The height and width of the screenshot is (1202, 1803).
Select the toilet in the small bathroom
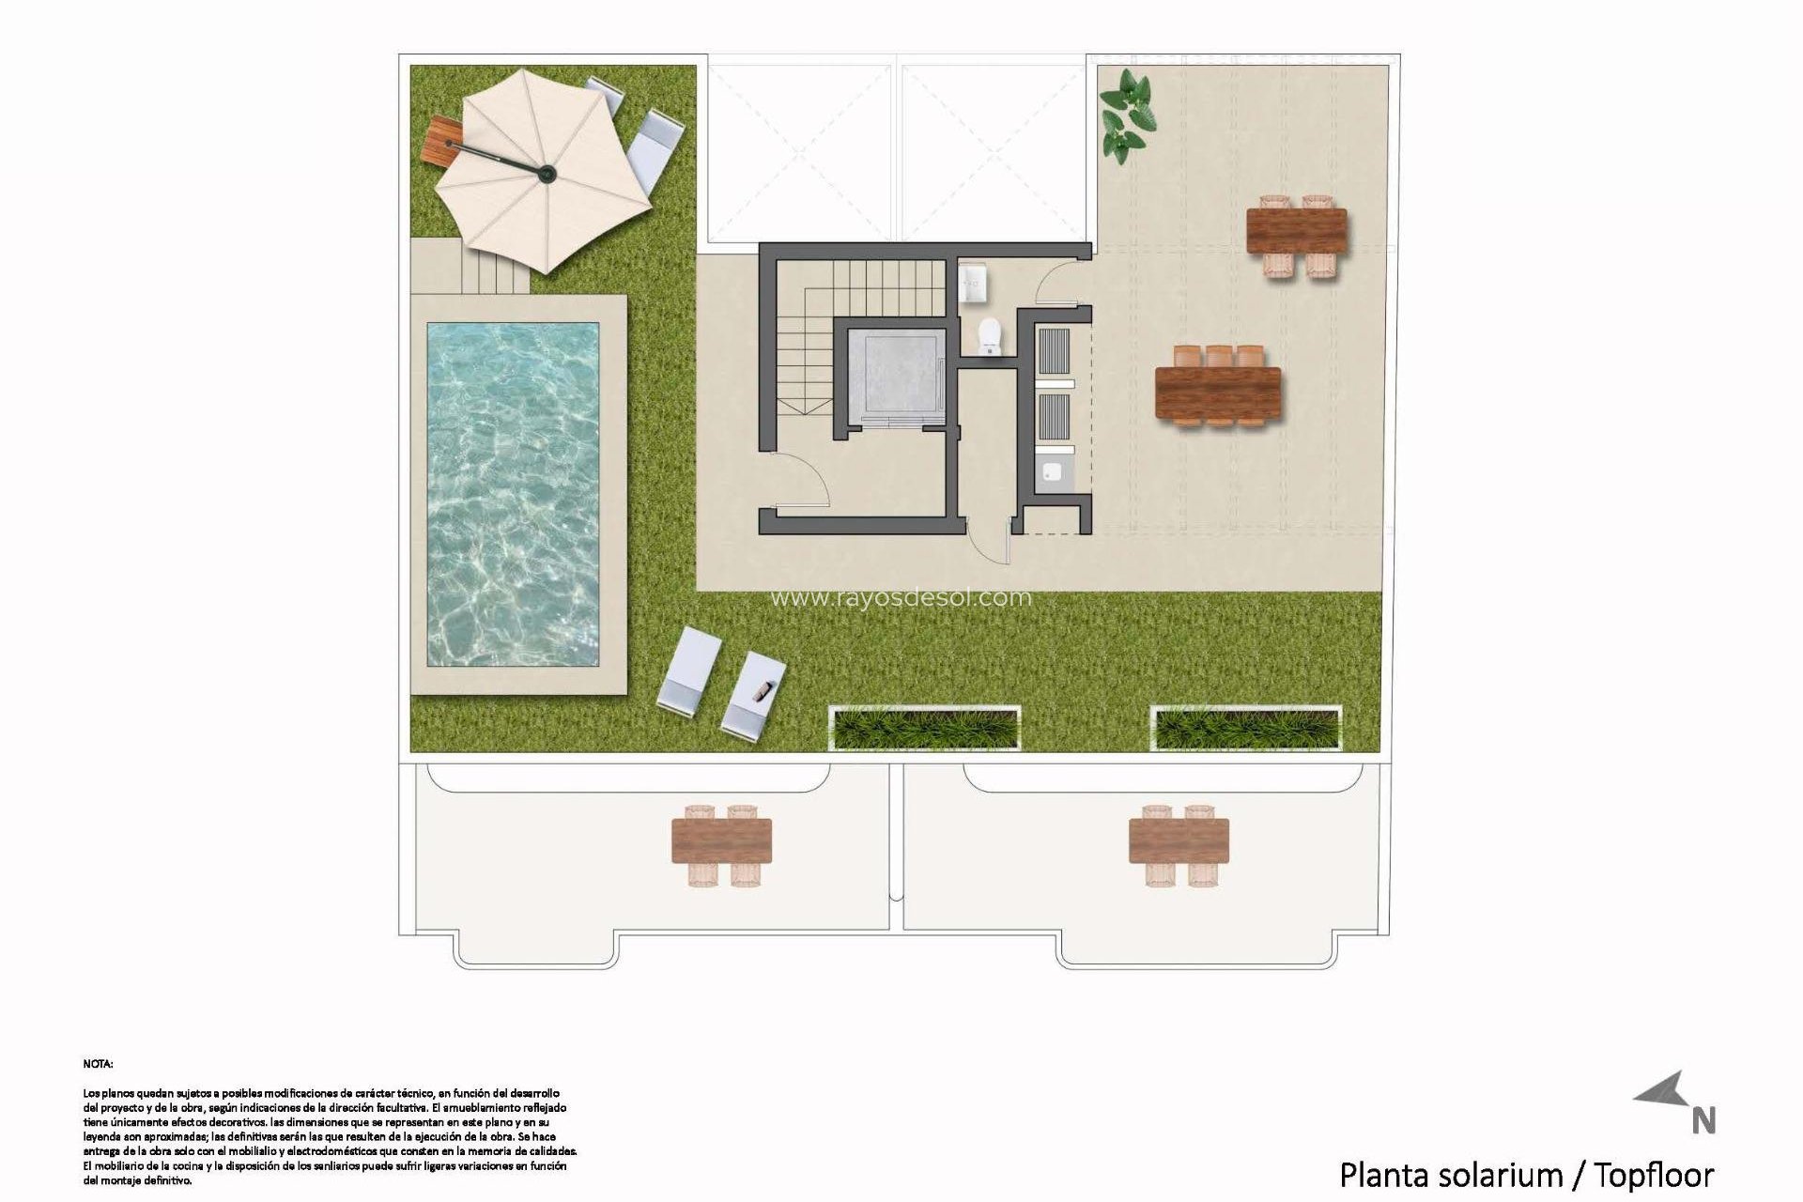point(991,335)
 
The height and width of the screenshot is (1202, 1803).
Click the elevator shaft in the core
point(894,375)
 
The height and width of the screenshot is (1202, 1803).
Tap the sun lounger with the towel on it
point(753,694)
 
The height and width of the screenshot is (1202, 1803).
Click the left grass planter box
point(925,729)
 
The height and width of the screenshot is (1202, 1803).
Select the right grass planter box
point(1246,729)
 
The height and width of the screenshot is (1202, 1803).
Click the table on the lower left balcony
point(721,840)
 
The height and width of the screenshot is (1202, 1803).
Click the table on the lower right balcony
point(1179,840)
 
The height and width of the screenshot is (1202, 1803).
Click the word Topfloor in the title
point(1655,1175)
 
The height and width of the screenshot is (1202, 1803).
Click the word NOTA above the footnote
point(98,1064)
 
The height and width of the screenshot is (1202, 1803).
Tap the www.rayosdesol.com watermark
point(900,597)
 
